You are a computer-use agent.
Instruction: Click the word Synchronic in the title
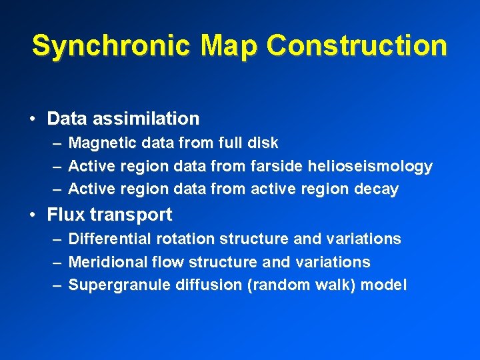tap(110, 46)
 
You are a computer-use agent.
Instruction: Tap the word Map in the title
tap(228, 46)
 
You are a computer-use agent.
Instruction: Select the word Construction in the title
tap(357, 46)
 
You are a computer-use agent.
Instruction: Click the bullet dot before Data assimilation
tap(33, 119)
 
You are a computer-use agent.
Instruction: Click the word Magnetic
tap(98, 143)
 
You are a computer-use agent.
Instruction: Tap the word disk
tap(263, 143)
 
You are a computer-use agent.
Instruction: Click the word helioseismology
tap(378, 166)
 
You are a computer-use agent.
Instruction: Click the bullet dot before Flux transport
tap(33, 215)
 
